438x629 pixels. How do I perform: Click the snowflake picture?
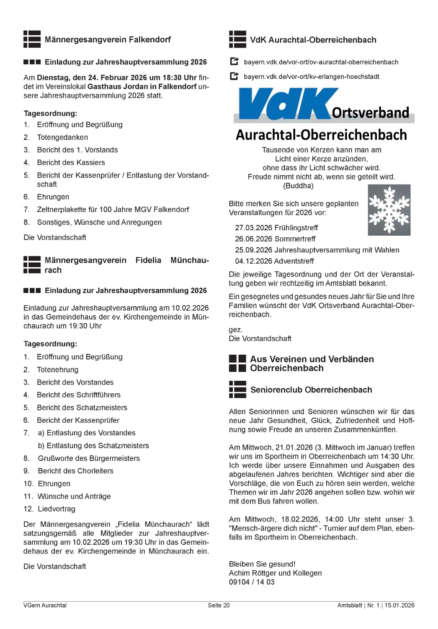click(389, 210)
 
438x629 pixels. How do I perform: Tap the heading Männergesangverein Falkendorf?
click(108, 39)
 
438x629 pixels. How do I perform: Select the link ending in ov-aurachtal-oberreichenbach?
click(321, 62)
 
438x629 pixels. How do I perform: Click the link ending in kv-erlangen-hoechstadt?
click(312, 77)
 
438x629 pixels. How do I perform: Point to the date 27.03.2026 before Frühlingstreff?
click(253, 228)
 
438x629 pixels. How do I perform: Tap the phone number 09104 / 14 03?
click(252, 582)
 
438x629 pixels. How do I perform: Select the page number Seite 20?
click(219, 605)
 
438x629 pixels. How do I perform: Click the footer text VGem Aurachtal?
click(45, 605)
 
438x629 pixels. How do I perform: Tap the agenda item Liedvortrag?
click(57, 509)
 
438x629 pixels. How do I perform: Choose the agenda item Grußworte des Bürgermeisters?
click(89, 458)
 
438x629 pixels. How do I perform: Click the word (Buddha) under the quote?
click(298, 186)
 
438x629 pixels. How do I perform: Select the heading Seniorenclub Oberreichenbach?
click(311, 390)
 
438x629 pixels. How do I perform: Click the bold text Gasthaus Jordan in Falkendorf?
click(142, 87)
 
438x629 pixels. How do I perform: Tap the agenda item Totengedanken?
click(62, 138)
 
